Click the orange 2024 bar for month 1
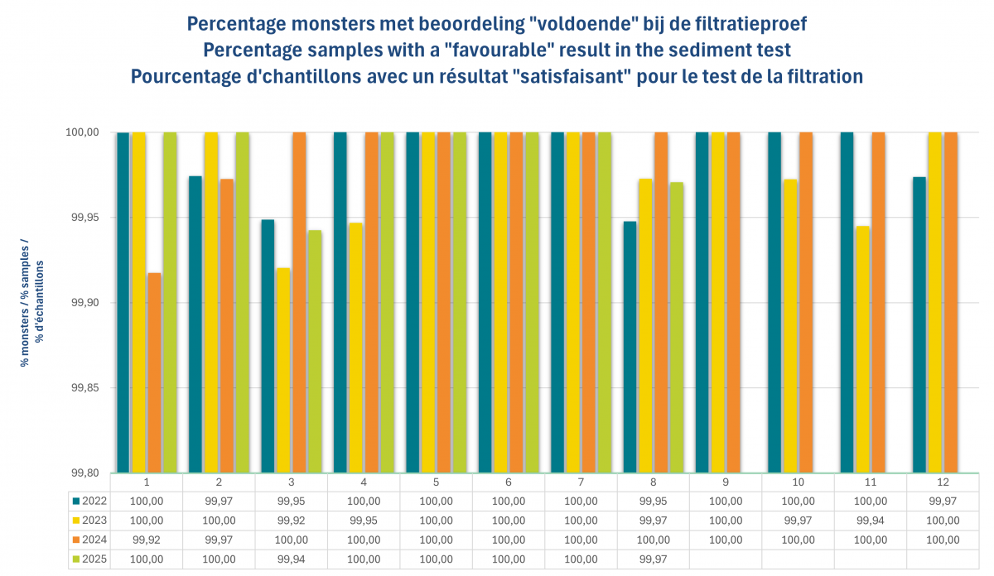tap(154, 372)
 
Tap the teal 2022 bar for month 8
tap(630, 347)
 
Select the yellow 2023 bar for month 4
tap(355, 348)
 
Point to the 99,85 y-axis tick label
tap(82, 388)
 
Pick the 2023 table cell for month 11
tap(870, 521)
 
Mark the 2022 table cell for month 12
tap(943, 501)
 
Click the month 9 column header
tap(726, 482)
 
